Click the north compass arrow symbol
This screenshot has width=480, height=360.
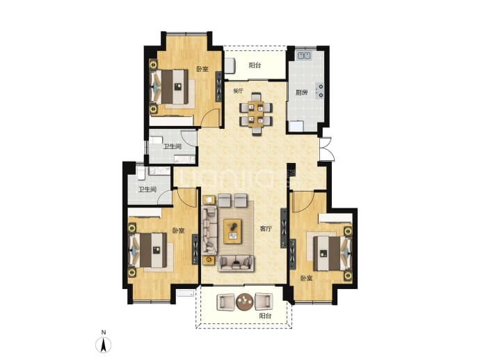pyautogui.click(x=104, y=345)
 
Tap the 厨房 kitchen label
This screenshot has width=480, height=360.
pyautogui.click(x=301, y=92)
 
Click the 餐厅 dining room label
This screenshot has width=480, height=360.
pyautogui.click(x=238, y=91)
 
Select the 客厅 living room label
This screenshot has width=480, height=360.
pyautogui.click(x=266, y=228)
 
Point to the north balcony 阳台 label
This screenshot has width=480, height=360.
pyautogui.click(x=255, y=65)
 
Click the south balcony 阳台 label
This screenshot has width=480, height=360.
pyautogui.click(x=265, y=316)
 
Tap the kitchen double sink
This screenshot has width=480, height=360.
pyautogui.click(x=304, y=56)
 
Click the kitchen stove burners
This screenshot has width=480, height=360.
pyautogui.click(x=321, y=91)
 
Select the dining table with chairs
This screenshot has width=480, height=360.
pyautogui.click(x=255, y=114)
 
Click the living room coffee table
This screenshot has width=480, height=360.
pyautogui.click(x=232, y=231)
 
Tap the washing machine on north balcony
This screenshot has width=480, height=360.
pyautogui.click(x=230, y=65)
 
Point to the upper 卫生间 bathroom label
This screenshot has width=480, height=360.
pyautogui.click(x=172, y=146)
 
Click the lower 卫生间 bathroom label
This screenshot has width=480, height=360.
pyautogui.click(x=147, y=189)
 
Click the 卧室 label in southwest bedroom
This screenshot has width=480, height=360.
pyautogui.click(x=178, y=230)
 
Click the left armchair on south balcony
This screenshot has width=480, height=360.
pyautogui.click(x=225, y=302)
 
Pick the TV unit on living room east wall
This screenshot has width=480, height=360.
pyautogui.click(x=284, y=228)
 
